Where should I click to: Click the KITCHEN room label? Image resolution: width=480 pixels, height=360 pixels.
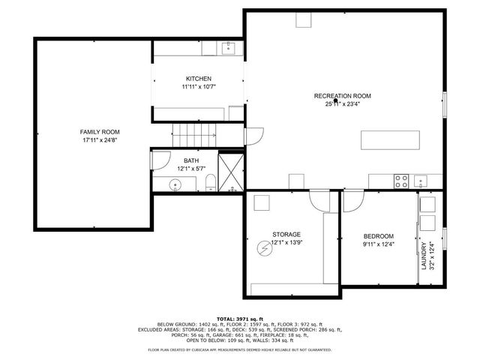pyautogui.click(x=199, y=79)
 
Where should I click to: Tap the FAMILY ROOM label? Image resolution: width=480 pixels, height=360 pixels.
pyautogui.click(x=100, y=132)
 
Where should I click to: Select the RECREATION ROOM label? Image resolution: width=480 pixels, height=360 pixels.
pyautogui.click(x=342, y=96)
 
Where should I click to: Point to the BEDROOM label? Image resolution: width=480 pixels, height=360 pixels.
pyautogui.click(x=379, y=236)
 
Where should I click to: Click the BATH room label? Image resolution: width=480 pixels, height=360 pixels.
pyautogui.click(x=191, y=160)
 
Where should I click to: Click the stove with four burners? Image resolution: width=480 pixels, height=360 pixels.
pyautogui.click(x=401, y=181)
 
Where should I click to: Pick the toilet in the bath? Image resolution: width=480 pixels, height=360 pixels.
pyautogui.click(x=211, y=182)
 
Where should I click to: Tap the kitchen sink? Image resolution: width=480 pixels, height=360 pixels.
pyautogui.click(x=229, y=49)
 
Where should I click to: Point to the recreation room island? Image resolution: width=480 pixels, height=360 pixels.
pyautogui.click(x=388, y=140)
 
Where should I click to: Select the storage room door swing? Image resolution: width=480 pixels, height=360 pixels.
pyautogui.click(x=320, y=200)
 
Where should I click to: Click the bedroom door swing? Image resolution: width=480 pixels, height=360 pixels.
pyautogui.click(x=353, y=200)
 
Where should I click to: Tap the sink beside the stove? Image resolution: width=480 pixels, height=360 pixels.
pyautogui.click(x=420, y=181)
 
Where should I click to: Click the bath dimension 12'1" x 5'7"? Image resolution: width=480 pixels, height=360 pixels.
pyautogui.click(x=191, y=169)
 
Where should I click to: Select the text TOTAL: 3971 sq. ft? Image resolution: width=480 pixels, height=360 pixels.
pyautogui.click(x=240, y=318)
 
